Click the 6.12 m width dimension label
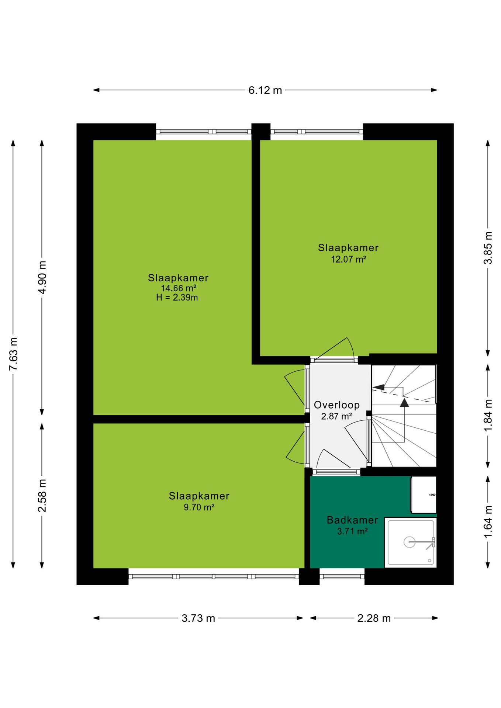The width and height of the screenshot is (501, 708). (265, 90)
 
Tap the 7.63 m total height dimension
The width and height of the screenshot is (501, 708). (13, 354)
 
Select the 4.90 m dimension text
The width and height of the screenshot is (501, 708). (42, 277)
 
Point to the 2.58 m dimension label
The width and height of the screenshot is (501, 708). (42, 496)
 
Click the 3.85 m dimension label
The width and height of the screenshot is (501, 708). (488, 248)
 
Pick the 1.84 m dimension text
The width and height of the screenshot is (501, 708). (488, 415)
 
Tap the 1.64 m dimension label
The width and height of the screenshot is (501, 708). (488, 521)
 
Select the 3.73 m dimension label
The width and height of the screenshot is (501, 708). (198, 618)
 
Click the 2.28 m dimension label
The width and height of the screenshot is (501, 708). (374, 618)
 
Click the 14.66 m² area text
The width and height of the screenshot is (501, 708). (179, 288)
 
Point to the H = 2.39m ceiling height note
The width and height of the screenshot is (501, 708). (177, 298)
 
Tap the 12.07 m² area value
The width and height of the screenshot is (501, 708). (349, 259)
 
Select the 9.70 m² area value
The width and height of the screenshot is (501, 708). (199, 507)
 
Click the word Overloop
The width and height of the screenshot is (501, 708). (337, 405)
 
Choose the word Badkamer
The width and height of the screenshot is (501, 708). (352, 520)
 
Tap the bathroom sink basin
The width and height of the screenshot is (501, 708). (424, 494)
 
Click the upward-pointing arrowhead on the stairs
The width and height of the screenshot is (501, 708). (405, 402)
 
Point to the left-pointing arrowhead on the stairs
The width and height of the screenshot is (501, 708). (378, 388)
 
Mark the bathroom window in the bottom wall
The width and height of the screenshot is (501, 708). (342, 576)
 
